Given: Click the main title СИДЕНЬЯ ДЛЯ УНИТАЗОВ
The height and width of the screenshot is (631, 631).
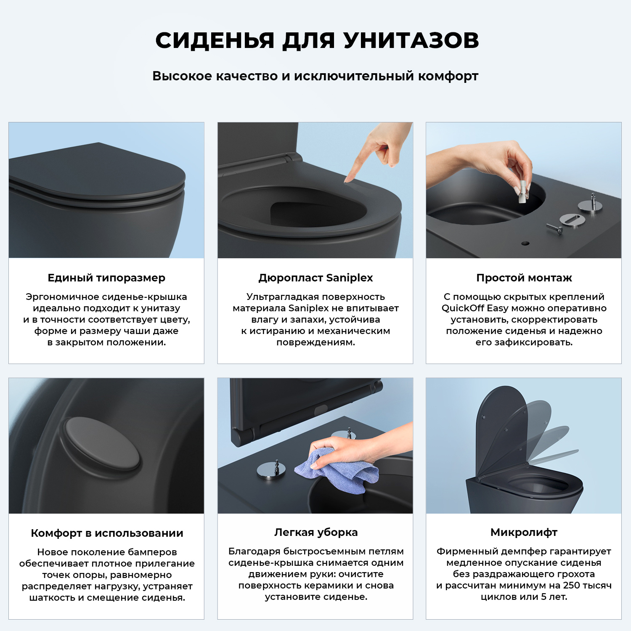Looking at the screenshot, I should tap(317, 41).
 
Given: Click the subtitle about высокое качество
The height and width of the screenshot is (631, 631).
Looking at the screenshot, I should tap(315, 76).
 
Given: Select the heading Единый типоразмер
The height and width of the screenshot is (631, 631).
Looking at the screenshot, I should tap(106, 278).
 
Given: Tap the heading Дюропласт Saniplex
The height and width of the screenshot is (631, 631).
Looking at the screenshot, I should tap(315, 278).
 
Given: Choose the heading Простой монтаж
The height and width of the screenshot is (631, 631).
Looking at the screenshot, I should tap(524, 278).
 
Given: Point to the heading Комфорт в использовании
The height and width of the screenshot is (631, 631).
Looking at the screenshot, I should tap(107, 533).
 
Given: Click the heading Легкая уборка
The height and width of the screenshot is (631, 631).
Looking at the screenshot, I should tap(315, 533).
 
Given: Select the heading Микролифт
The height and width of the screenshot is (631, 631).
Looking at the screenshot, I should tap(524, 533).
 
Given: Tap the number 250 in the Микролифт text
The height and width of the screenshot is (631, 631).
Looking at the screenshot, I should tap(571, 586).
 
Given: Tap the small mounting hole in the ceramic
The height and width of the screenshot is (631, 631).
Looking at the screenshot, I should tap(525, 243).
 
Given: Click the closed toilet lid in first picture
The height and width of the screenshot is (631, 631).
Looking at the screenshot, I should tap(97, 172).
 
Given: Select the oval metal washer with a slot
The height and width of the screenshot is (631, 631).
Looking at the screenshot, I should tap(573, 220).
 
